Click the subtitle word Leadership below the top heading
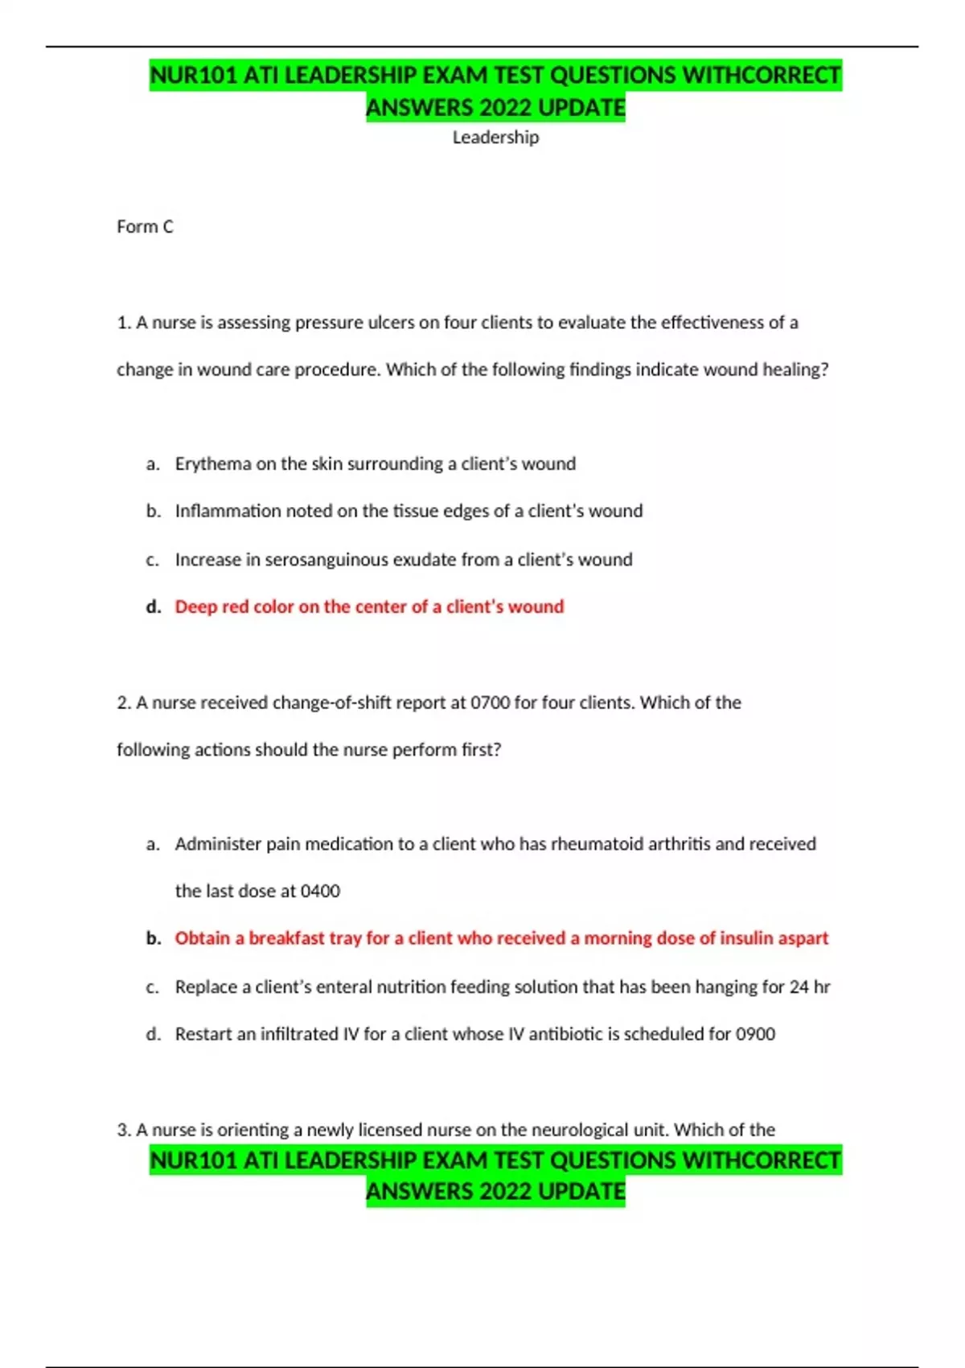point(495,138)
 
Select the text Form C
point(145,227)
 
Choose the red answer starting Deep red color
point(369,607)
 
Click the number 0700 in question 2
point(490,703)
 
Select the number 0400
point(320,892)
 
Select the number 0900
point(755,1034)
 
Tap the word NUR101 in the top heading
point(194,76)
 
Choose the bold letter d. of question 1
point(154,607)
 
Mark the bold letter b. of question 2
point(154,938)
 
